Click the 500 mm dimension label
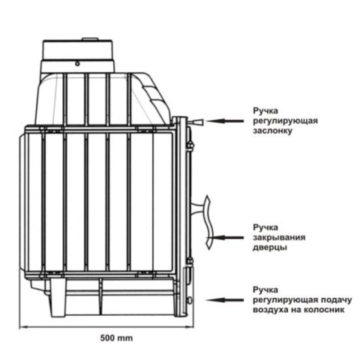116,338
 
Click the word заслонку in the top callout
272,130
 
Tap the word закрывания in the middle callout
279,237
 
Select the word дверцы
270,247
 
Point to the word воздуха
269,310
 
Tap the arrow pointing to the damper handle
224,121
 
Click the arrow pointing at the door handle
224,238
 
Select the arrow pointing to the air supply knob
224,300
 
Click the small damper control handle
196,122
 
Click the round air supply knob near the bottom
190,300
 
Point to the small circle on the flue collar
77,64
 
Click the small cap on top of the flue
90,39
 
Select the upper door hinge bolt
190,145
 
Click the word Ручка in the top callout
265,111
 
